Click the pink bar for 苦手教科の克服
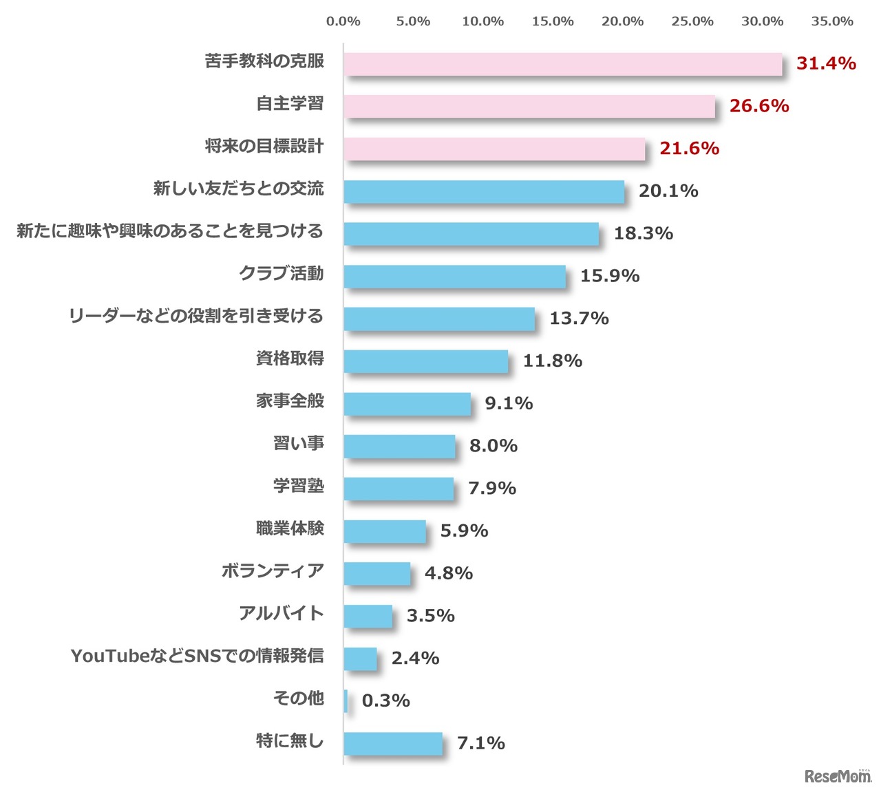pyautogui.click(x=563, y=64)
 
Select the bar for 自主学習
pyautogui.click(x=529, y=107)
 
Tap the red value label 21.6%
pyautogui.click(x=689, y=149)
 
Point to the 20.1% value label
pyautogui.click(x=668, y=191)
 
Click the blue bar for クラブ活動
pyautogui.click(x=454, y=277)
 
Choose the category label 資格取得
pyautogui.click(x=290, y=358)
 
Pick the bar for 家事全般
pyautogui.click(x=407, y=404)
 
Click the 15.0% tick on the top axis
pyautogui.click(x=553, y=21)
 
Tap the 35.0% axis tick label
pyautogui.click(x=832, y=21)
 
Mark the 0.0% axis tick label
pyautogui.click(x=343, y=21)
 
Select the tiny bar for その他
pyautogui.click(x=346, y=701)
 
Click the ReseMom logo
pyautogui.click(x=838, y=775)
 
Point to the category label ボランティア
pyautogui.click(x=273, y=571)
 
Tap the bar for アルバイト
pyautogui.click(x=368, y=617)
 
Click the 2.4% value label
pyautogui.click(x=415, y=659)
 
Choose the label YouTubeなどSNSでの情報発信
pyautogui.click(x=197, y=656)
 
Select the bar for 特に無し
pyautogui.click(x=393, y=744)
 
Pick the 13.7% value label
pyautogui.click(x=579, y=319)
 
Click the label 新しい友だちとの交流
pyautogui.click(x=238, y=189)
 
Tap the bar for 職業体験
pyautogui.click(x=385, y=531)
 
